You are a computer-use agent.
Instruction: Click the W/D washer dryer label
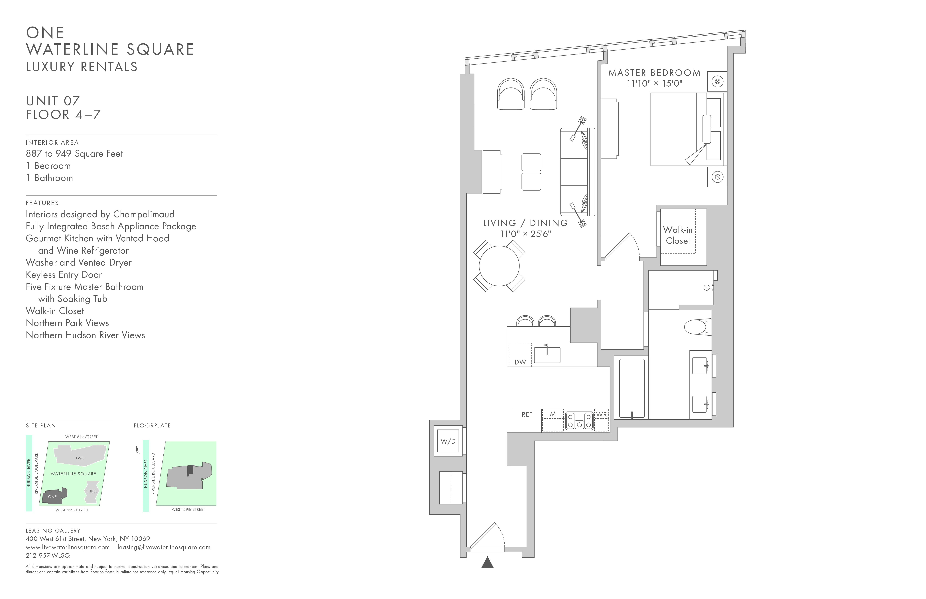[x=448, y=441]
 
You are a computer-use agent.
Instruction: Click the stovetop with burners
[x=579, y=421]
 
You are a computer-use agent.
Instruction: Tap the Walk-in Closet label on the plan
[x=678, y=235]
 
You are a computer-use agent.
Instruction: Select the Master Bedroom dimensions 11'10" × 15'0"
[x=654, y=83]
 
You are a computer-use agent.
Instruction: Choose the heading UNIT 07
[x=53, y=101]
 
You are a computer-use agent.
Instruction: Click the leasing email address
[x=164, y=547]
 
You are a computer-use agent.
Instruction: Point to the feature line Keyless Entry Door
[x=64, y=275]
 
